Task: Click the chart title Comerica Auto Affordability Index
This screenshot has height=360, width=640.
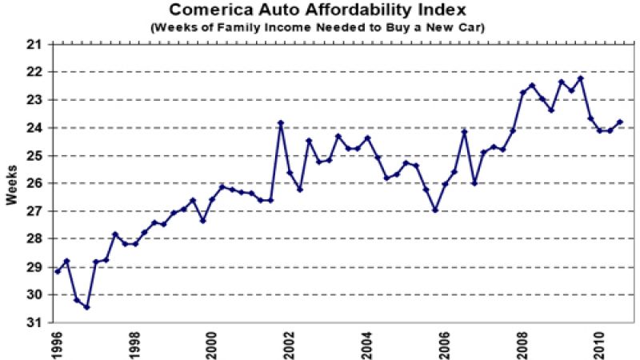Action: point(319,10)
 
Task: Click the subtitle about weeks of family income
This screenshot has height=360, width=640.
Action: point(319,26)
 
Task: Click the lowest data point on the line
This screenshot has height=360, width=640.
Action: point(86,307)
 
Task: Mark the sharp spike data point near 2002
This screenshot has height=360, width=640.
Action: point(281,123)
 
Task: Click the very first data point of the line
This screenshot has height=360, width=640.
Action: point(58,272)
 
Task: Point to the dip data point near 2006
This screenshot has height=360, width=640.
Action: point(435,210)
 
